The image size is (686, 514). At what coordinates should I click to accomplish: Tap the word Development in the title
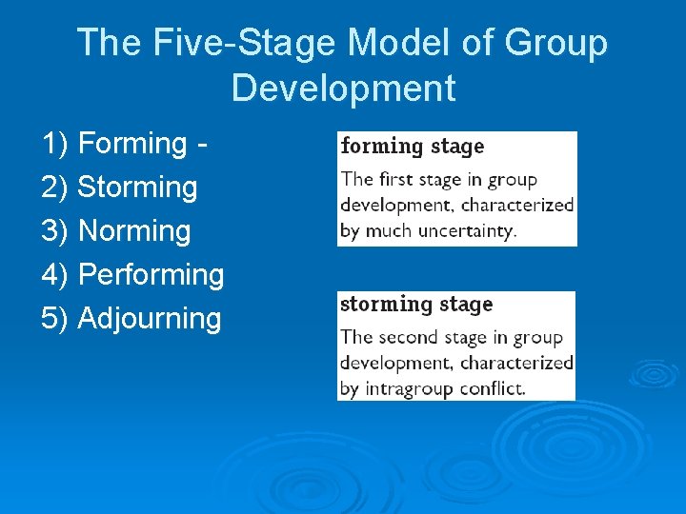click(343, 89)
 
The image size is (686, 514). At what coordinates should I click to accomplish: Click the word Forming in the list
click(132, 144)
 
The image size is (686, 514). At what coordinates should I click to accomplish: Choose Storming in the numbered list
click(137, 188)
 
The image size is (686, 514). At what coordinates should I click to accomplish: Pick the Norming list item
click(134, 231)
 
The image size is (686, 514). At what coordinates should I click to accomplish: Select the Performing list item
click(151, 275)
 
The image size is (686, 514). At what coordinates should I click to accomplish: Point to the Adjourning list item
click(150, 319)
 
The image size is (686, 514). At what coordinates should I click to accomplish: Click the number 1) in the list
click(55, 144)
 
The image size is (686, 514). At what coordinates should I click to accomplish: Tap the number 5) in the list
click(55, 319)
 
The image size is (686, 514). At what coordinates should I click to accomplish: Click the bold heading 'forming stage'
click(413, 147)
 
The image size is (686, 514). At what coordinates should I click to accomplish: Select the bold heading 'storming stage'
click(416, 305)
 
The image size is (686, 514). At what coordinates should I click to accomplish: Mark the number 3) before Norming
click(55, 231)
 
